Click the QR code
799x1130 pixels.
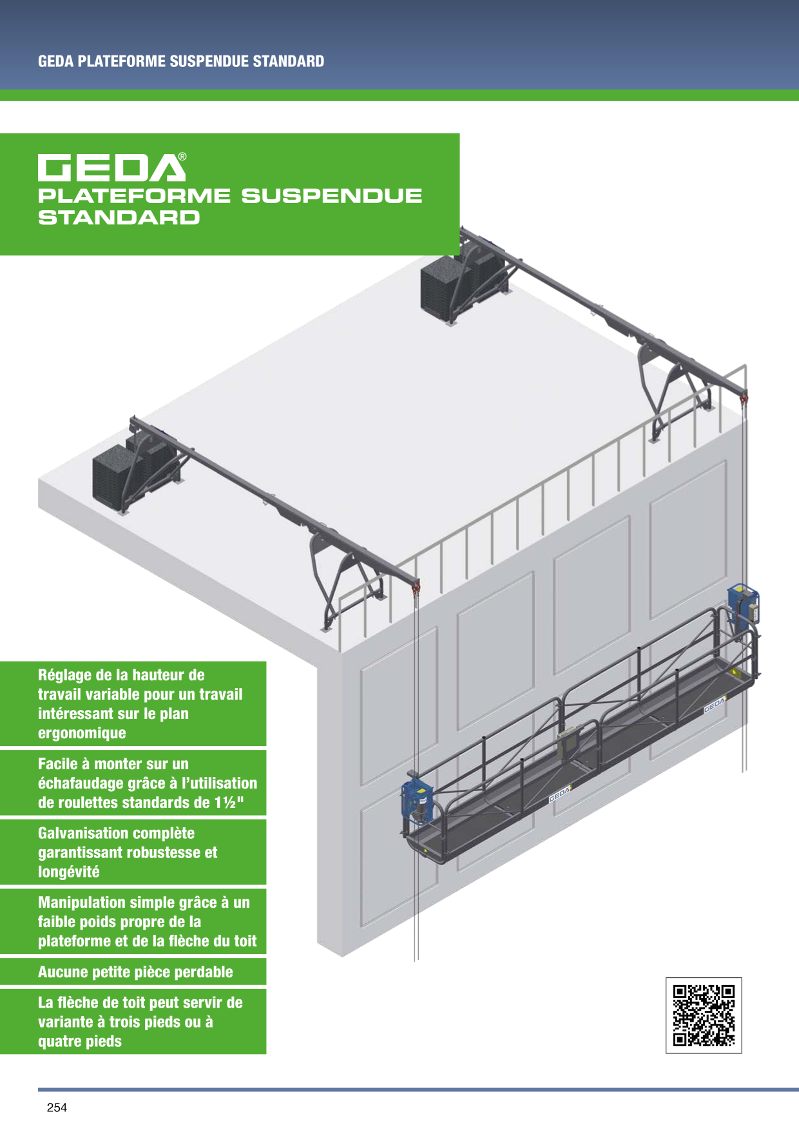click(x=704, y=1015)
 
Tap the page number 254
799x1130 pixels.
click(x=57, y=1107)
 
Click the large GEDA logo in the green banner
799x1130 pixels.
click(x=111, y=168)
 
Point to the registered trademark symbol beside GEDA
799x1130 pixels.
click(x=182, y=157)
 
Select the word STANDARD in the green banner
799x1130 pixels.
click(x=119, y=217)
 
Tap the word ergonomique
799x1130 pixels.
click(x=82, y=733)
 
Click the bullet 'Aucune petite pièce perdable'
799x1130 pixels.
click(x=135, y=972)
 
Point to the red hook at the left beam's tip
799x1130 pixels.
click(x=416, y=587)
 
